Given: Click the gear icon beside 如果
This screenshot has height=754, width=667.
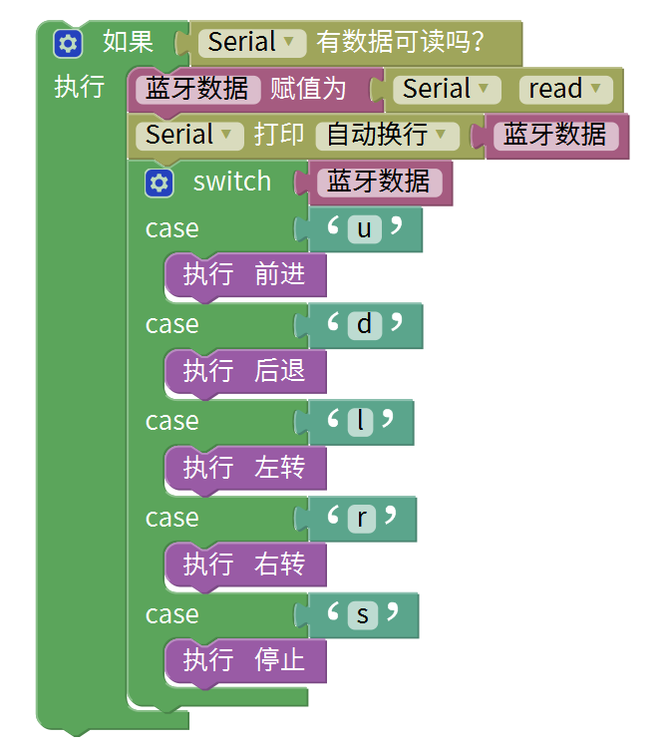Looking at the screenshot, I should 68,43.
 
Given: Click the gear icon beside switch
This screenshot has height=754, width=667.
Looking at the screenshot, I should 160,183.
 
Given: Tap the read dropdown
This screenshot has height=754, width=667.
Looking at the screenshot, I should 564,89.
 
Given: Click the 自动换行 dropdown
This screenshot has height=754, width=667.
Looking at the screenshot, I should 387,135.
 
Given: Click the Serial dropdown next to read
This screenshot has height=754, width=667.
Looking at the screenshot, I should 447,89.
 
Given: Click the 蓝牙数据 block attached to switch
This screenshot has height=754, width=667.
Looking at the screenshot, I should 379,182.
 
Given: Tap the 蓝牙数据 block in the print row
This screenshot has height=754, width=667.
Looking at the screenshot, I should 554,135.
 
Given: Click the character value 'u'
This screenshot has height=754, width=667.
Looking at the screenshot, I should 364,229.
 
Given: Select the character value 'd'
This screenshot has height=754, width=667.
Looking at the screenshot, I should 364,325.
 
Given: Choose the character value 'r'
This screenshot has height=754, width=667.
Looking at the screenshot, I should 361,518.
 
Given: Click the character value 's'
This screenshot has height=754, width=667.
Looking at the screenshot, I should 363,615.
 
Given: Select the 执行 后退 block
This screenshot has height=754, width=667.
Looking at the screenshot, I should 244,371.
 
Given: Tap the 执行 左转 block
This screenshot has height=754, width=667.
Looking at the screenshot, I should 244,467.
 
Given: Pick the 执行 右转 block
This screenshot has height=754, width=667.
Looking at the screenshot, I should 244,564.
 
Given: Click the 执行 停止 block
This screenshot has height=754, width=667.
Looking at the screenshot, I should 244,660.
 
